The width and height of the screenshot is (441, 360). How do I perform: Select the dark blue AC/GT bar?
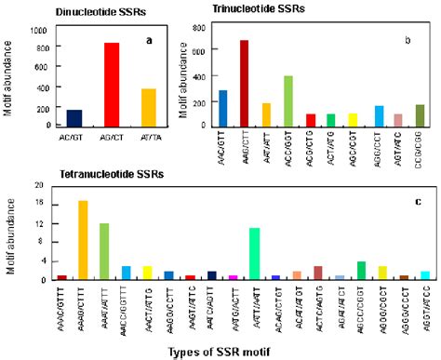tap(74, 117)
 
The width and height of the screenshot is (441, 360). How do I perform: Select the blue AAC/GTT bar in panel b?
tap(222, 108)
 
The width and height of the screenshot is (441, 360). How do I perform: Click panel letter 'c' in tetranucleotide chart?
tap(419, 204)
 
